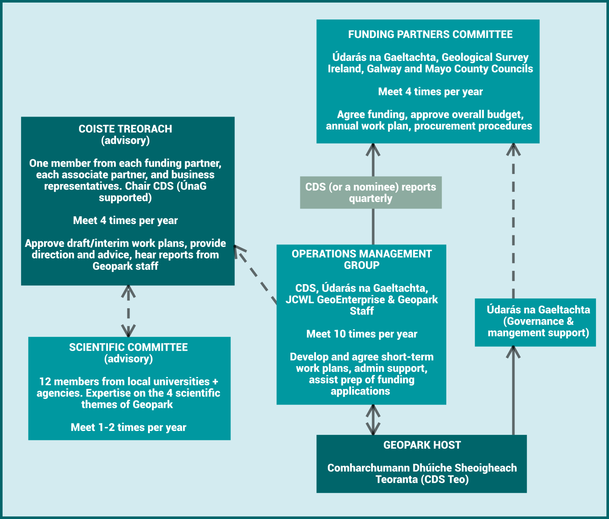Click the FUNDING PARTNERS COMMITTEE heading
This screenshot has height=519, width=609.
430,35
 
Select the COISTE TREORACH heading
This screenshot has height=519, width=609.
125,129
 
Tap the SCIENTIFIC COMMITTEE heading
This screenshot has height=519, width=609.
128,348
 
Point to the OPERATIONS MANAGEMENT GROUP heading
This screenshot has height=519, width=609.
362,259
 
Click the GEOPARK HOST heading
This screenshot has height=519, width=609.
422,445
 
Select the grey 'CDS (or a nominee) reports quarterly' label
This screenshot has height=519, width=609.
371,193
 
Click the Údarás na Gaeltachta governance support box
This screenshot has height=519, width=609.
535,322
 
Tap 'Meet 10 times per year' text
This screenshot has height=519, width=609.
362,334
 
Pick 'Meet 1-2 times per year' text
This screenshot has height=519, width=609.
128,427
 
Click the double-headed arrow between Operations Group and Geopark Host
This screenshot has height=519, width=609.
373,420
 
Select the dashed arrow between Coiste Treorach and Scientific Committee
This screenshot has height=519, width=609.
128,311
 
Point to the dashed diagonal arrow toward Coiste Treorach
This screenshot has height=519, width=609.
256,275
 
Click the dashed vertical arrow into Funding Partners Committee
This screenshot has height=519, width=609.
513,220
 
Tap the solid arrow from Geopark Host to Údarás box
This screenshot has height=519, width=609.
513,391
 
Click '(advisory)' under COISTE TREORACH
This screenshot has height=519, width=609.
125,140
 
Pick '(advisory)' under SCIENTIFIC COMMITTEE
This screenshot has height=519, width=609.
128,359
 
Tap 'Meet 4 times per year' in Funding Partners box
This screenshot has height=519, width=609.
430,92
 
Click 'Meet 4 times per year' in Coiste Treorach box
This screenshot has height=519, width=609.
125,221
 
